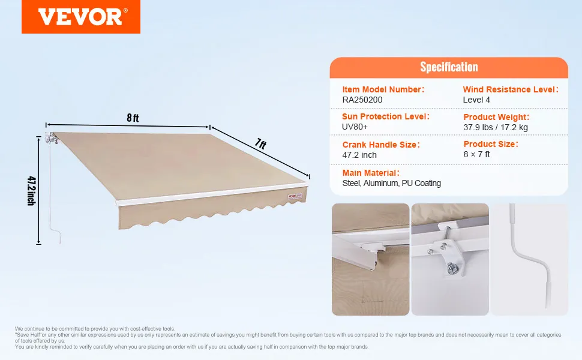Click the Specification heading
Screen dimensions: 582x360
pos(449,67)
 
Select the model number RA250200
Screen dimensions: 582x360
pos(362,100)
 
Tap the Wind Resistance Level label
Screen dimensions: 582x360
pos(511,89)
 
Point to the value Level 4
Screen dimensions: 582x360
pos(476,100)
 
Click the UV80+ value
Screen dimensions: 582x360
pos(355,127)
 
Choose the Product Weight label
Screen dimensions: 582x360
pos(496,117)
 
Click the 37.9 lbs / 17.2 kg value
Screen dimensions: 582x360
pos(495,127)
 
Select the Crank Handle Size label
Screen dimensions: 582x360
pos(381,145)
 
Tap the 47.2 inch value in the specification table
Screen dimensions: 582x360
pos(359,155)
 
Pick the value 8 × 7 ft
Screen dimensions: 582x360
pos(476,154)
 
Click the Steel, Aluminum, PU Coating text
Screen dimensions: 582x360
pos(392,184)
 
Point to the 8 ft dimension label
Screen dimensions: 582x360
pos(133,118)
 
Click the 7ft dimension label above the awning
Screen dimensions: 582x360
pos(260,143)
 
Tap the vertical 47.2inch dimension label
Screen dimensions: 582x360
pos(32,191)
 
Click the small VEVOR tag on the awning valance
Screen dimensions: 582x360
pos(295,196)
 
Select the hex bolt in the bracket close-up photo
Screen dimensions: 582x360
pos(452,268)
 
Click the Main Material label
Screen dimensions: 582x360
pos(371,173)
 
